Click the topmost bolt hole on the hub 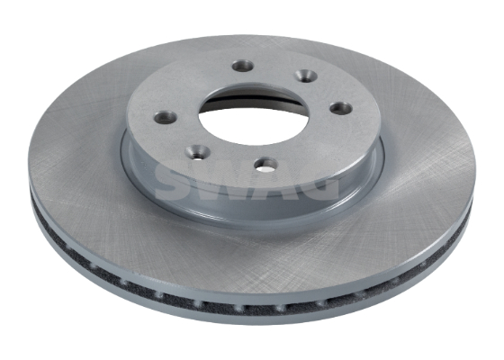pos(243,67)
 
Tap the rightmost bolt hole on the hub pos(340,108)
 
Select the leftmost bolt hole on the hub pos(166,117)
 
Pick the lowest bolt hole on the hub pos(266,164)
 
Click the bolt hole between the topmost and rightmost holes pos(306,76)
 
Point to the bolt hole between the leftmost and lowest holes pos(198,151)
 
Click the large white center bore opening pos(254,121)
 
